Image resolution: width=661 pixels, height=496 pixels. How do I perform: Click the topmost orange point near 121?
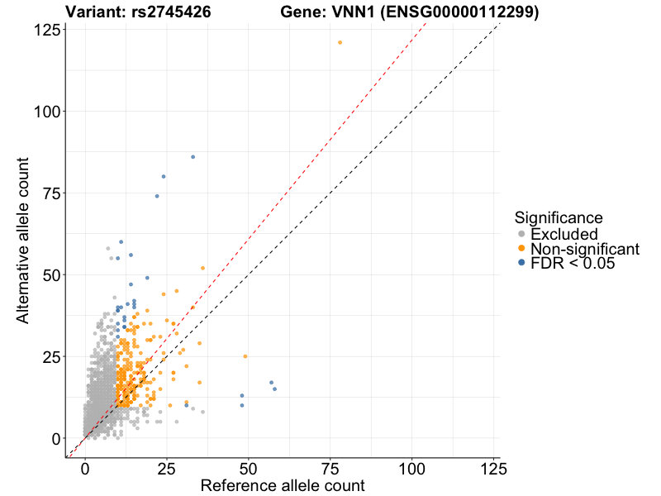[340, 43]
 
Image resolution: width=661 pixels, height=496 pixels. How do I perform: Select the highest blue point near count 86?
[193, 157]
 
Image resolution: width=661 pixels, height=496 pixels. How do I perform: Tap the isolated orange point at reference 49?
[245, 356]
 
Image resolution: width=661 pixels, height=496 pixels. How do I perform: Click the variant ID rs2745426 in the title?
[171, 12]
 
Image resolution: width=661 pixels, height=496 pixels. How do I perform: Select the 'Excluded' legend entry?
[564, 235]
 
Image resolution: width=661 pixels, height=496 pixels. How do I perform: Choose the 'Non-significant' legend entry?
[584, 249]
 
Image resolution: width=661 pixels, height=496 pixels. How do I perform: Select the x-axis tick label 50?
[249, 468]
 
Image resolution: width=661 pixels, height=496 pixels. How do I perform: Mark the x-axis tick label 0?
[85, 468]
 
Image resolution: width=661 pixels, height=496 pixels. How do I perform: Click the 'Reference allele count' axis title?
[283, 485]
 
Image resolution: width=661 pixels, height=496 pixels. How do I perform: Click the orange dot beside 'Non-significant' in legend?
[521, 249]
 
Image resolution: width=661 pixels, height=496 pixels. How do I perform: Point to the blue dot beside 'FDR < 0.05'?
[521, 263]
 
